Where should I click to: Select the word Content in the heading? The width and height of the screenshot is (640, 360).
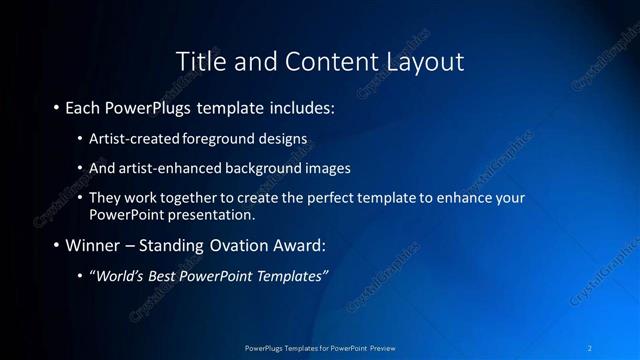point(322,61)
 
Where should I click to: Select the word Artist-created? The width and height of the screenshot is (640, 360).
point(129,137)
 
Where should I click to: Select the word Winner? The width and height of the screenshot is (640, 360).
point(93,245)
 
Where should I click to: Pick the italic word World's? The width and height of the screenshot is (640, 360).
point(122,276)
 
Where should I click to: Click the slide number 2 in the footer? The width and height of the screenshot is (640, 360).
point(590,347)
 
